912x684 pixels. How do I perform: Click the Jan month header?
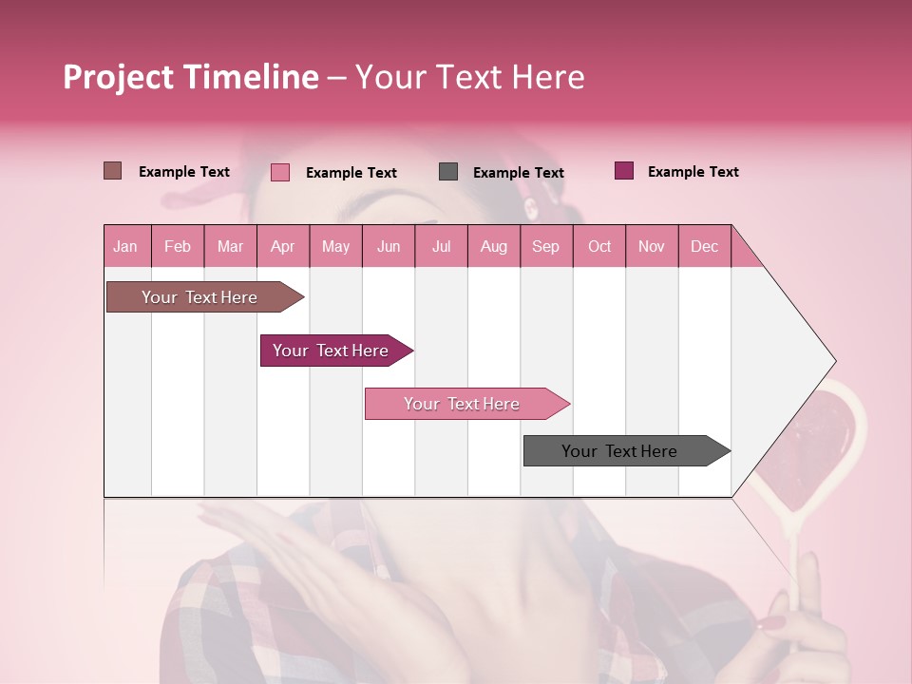point(125,246)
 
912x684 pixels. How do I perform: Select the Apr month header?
point(282,246)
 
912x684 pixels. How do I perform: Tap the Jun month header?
point(388,246)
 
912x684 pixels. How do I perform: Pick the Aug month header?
point(493,246)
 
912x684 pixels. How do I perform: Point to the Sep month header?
point(545,246)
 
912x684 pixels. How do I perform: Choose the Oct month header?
point(598,246)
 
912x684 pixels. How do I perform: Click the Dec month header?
point(704,246)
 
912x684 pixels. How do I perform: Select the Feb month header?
point(178,246)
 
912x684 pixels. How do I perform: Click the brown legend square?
point(112,171)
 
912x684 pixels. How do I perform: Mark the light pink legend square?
point(279,172)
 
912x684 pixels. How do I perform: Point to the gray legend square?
point(448,172)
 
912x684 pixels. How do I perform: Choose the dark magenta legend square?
point(624,171)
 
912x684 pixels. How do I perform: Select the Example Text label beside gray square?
point(518,173)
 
